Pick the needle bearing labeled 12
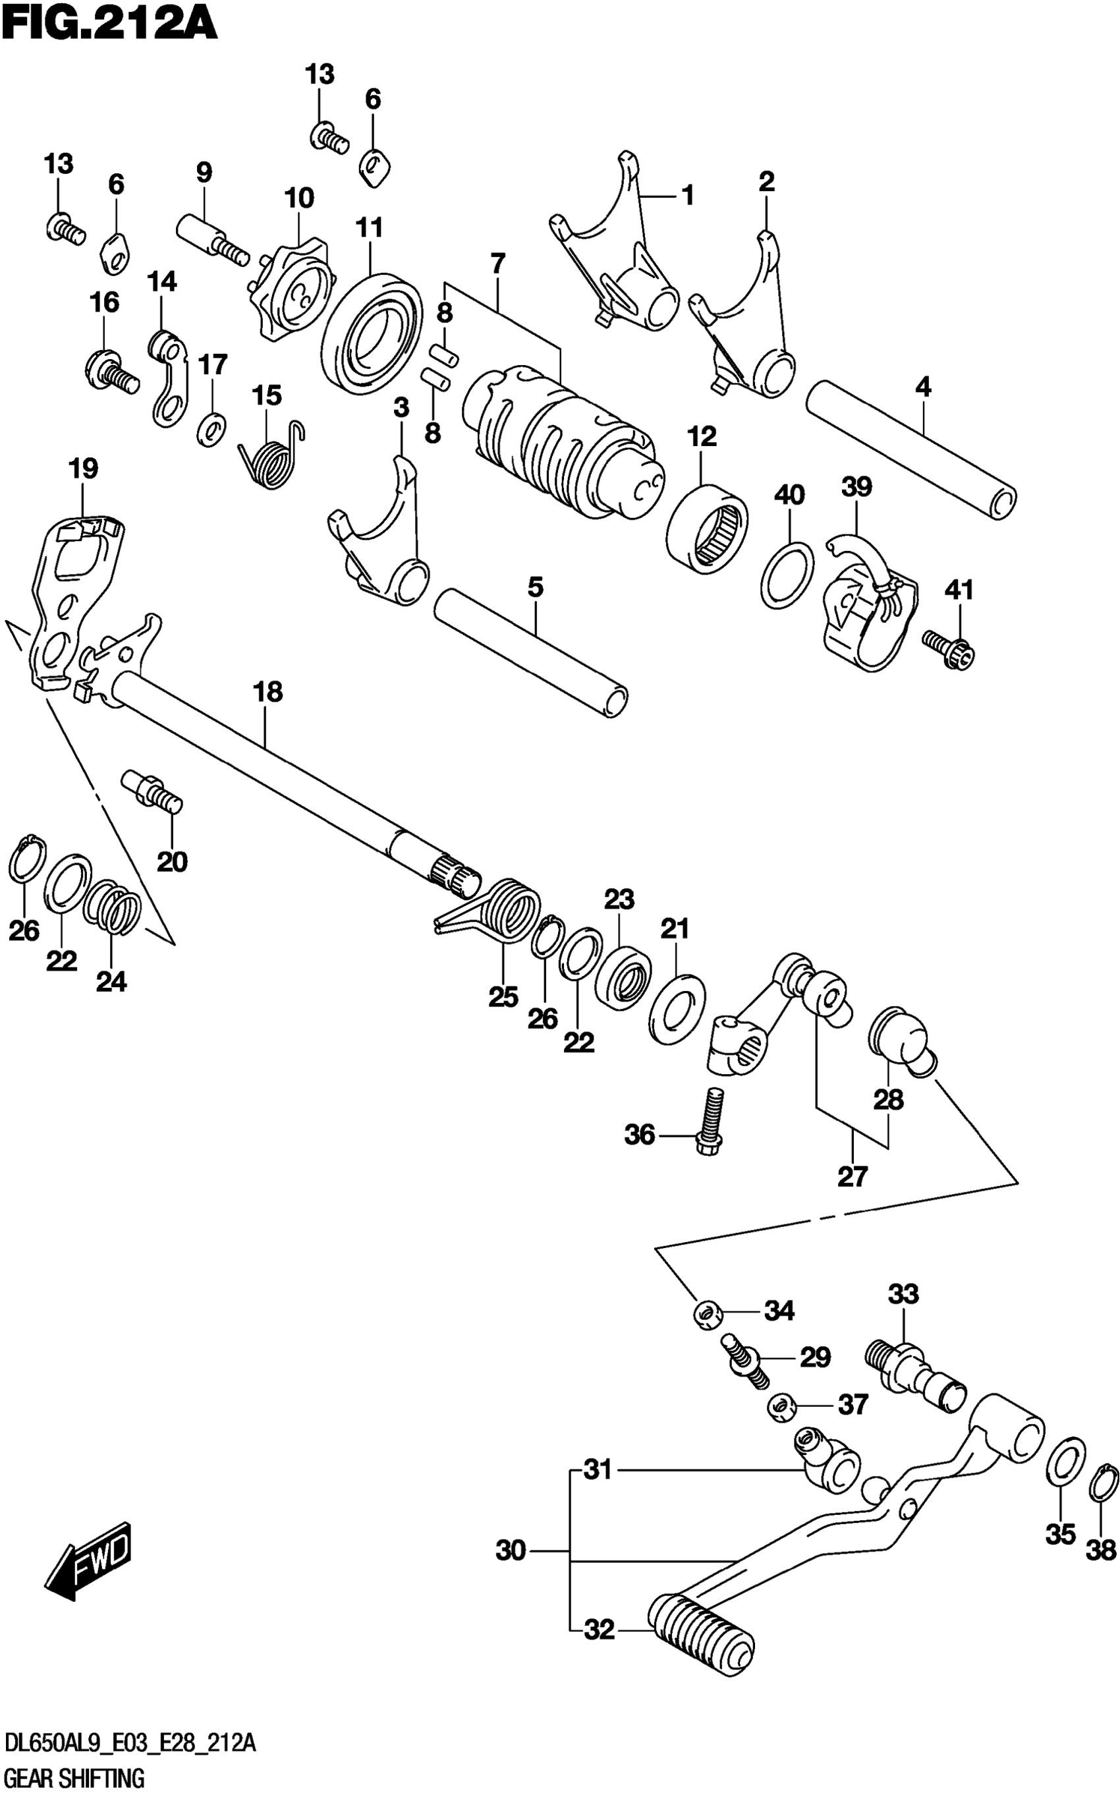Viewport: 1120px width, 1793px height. pos(707,528)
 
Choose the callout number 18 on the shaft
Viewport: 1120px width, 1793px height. pos(267,692)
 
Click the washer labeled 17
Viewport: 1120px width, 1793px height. pos(213,428)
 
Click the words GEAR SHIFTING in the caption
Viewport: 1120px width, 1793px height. pos(74,1777)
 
